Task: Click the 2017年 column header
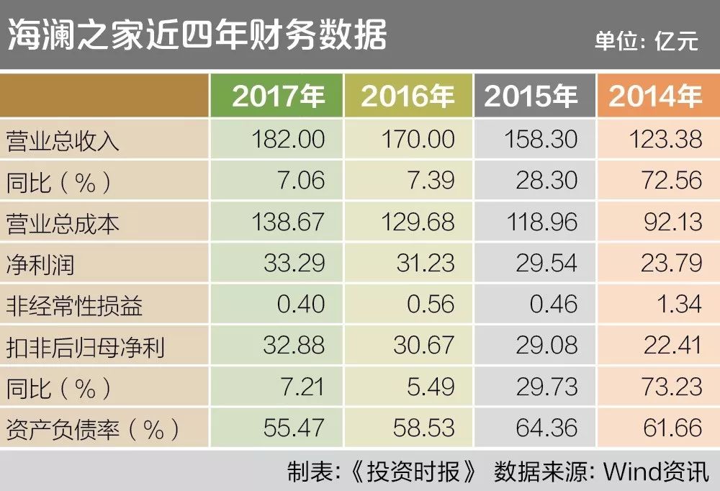pos(278,96)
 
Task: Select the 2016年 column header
pos(408,96)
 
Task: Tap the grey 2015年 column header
pos(531,96)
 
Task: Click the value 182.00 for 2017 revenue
pos(288,139)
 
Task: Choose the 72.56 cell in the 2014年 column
pos(673,180)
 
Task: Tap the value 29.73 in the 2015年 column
pos(546,387)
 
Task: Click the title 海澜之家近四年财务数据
pos(197,35)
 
